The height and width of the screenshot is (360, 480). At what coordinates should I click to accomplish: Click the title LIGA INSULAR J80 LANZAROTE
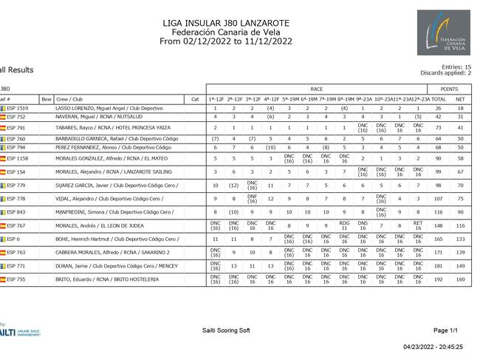(226, 23)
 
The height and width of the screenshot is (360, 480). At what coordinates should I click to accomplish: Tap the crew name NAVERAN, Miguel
(74, 117)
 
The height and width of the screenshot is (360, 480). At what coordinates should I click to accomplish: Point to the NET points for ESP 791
(460, 128)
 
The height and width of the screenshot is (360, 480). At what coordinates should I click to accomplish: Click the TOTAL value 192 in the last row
(439, 279)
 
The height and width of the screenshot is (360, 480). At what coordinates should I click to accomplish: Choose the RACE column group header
(316, 89)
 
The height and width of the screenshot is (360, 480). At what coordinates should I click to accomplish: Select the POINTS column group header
(450, 89)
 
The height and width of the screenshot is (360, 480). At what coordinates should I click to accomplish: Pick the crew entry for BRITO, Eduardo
(107, 279)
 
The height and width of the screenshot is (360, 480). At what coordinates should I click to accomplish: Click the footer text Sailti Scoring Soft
(226, 330)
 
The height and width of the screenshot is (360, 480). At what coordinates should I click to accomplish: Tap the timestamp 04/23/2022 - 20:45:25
(433, 346)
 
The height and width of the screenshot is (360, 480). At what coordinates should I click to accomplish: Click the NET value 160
(460, 279)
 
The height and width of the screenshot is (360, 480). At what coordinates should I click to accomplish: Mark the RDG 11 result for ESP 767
(344, 226)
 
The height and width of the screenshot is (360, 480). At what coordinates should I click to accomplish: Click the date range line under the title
(226, 41)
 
